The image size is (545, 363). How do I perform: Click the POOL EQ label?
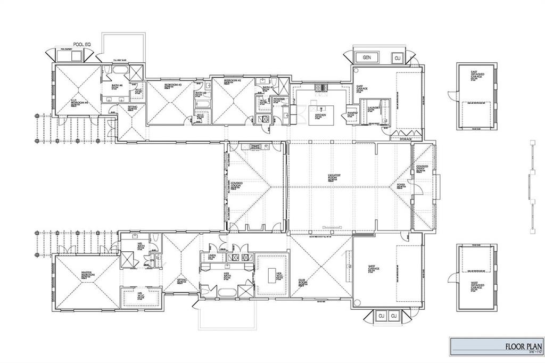point(76,45)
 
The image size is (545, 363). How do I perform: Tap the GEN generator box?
point(366,57)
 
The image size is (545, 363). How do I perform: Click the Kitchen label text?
point(320,115)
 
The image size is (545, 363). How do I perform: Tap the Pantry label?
point(352,113)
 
